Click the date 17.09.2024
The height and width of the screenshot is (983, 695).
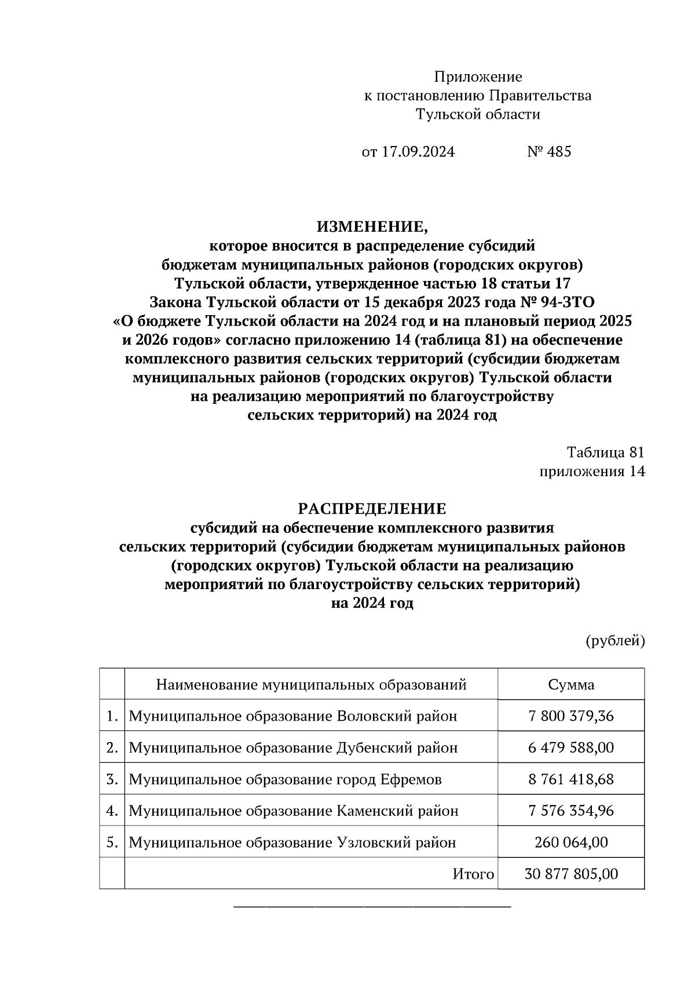[418, 152]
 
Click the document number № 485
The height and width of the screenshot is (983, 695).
[549, 152]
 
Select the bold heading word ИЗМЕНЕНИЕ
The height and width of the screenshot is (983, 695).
[372, 226]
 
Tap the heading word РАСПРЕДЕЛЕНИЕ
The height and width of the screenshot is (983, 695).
[372, 509]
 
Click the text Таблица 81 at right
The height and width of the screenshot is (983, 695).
[605, 452]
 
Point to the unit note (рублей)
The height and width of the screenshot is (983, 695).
[615, 641]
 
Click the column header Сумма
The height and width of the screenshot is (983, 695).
[571, 685]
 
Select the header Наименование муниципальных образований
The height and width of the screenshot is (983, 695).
[311, 685]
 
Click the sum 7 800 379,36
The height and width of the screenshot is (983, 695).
[571, 716]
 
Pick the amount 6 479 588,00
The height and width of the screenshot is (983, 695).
[571, 748]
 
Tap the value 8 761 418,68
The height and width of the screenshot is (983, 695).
[571, 779]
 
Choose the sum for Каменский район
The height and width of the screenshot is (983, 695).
[571, 810]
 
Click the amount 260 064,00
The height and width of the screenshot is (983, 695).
[571, 842]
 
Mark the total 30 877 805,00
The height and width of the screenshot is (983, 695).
[571, 874]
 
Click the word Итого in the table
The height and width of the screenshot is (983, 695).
[473, 874]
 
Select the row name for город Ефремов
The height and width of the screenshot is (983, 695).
[285, 780]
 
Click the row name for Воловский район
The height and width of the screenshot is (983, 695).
[292, 717]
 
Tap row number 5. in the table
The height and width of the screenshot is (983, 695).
[112, 842]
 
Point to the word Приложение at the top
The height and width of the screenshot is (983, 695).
[478, 77]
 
